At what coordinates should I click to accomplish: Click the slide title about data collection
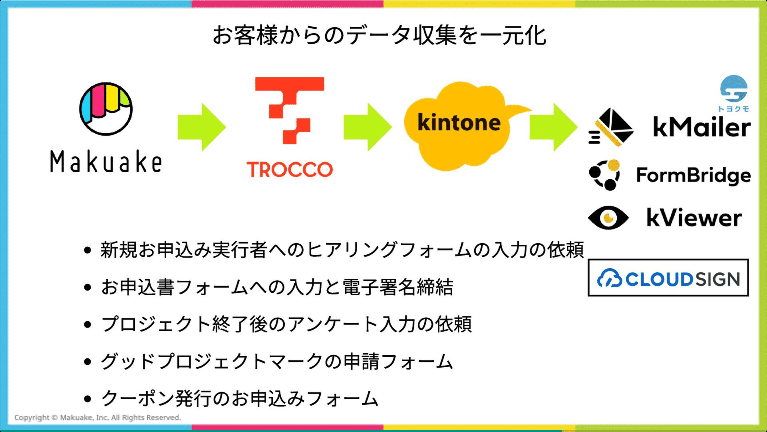379,35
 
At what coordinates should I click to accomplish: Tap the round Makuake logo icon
106,109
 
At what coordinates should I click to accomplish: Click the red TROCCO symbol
289,110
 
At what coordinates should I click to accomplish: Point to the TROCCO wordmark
289,169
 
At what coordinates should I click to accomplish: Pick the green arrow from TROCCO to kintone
368,127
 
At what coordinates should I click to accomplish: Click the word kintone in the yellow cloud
459,122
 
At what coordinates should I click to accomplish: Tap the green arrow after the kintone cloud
553,127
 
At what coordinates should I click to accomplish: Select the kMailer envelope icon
611,127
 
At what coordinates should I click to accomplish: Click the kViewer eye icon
608,218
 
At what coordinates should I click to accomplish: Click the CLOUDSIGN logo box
668,278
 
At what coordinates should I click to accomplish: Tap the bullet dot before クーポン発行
87,399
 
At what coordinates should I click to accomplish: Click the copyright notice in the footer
98,418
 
